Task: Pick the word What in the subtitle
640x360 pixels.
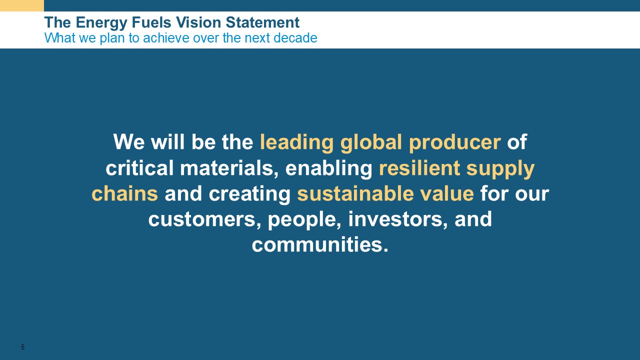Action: pyautogui.click(x=55, y=37)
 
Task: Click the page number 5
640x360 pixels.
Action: pyautogui.click(x=22, y=347)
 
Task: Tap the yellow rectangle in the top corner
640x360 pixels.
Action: pyautogui.click(x=22, y=5)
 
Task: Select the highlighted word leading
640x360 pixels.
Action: pyautogui.click(x=296, y=142)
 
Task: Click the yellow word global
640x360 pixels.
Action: pyautogui.click(x=371, y=142)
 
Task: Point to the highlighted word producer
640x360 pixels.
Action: pyautogui.click(x=455, y=142)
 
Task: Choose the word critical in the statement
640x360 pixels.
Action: pyautogui.click(x=139, y=167)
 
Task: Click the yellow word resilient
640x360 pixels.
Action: pyautogui.click(x=419, y=167)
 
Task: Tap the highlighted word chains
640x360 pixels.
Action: pyautogui.click(x=125, y=193)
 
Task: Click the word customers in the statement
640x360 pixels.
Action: pyautogui.click(x=204, y=219)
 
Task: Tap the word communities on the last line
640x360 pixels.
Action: pyautogui.click(x=320, y=245)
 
